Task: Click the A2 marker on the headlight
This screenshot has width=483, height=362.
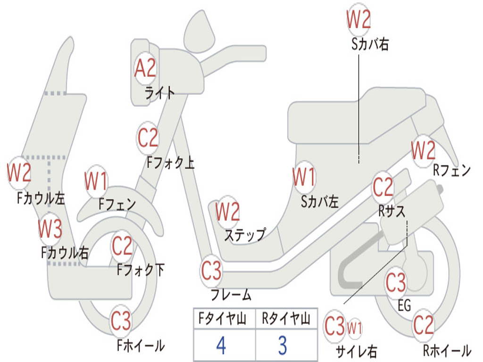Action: (145, 68)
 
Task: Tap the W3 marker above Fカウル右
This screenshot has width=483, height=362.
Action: (50, 229)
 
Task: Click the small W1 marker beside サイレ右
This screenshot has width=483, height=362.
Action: (355, 328)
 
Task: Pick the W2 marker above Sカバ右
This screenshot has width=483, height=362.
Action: (358, 19)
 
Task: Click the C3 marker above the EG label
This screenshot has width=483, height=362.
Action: (396, 282)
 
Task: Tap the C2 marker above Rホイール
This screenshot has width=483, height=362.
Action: (423, 325)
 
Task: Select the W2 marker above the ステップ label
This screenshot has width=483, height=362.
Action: (227, 212)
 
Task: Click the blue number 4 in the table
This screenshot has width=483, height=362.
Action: (221, 346)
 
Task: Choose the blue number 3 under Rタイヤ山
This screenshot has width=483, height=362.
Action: (283, 346)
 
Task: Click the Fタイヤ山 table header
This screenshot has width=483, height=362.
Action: (223, 318)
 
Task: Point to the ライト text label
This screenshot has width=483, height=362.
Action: (159, 92)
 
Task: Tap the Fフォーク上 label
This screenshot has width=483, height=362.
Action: (171, 163)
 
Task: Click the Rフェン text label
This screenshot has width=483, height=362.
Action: (452, 170)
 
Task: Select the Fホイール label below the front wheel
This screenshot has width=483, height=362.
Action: (141, 346)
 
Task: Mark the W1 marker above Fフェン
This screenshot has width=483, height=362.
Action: (96, 181)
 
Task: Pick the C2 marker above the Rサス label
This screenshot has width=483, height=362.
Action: (383, 187)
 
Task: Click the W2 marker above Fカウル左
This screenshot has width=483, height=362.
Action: (19, 173)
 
